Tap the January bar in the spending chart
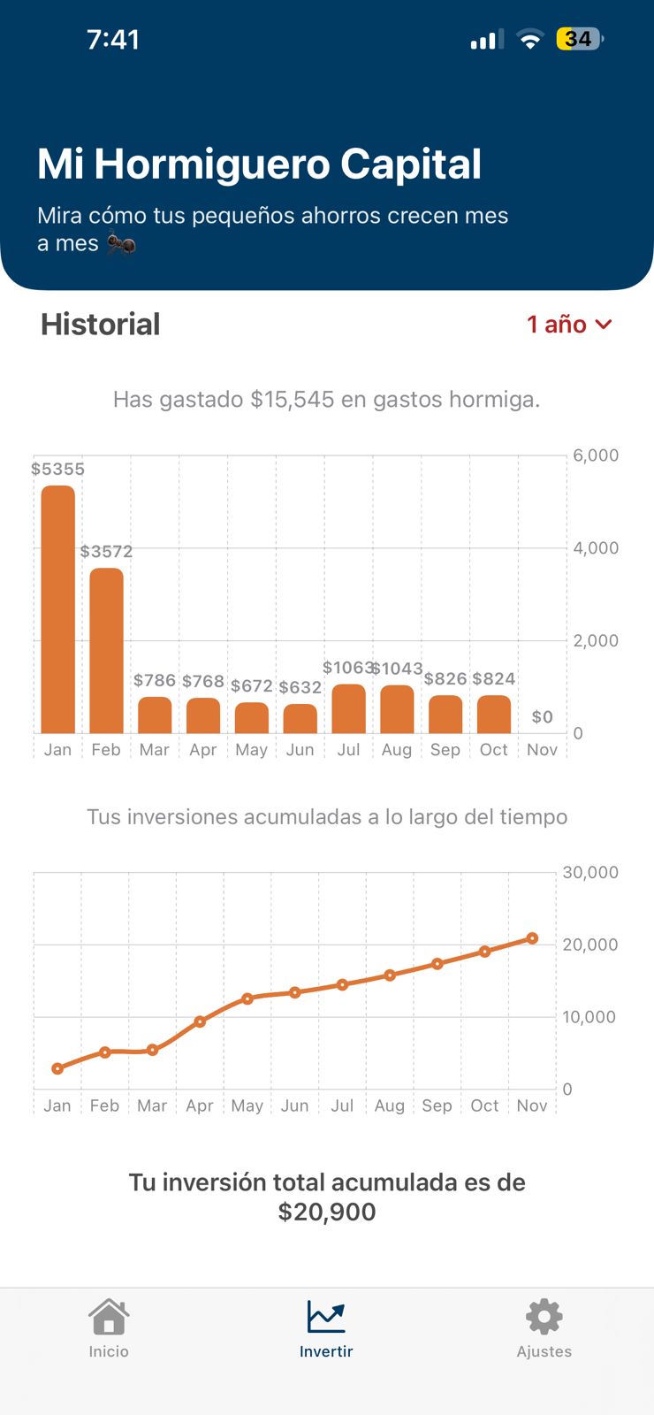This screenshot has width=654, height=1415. [x=58, y=610]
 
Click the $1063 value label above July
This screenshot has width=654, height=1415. [x=347, y=668]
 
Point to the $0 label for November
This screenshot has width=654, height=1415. [x=542, y=717]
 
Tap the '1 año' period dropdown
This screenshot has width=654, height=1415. [x=569, y=325]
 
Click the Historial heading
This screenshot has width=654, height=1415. [x=101, y=325]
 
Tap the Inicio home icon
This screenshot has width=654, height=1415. [x=109, y=1317]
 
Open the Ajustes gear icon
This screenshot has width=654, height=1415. [x=544, y=1317]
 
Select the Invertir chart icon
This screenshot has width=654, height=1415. [x=326, y=1317]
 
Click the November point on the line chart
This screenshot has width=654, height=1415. [x=532, y=938]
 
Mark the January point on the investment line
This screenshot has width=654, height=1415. [x=57, y=1068]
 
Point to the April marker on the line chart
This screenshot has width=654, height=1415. [x=200, y=1021]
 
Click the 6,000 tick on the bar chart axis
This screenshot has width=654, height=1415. [x=596, y=455]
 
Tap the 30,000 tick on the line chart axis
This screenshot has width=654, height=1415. [x=590, y=873]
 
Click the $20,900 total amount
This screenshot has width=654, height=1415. [x=327, y=1212]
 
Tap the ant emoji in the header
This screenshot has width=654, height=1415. [x=121, y=243]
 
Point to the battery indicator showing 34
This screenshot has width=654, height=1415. [x=580, y=39]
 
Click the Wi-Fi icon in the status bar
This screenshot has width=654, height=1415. [x=530, y=39]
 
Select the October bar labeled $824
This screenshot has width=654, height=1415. [x=494, y=715]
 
